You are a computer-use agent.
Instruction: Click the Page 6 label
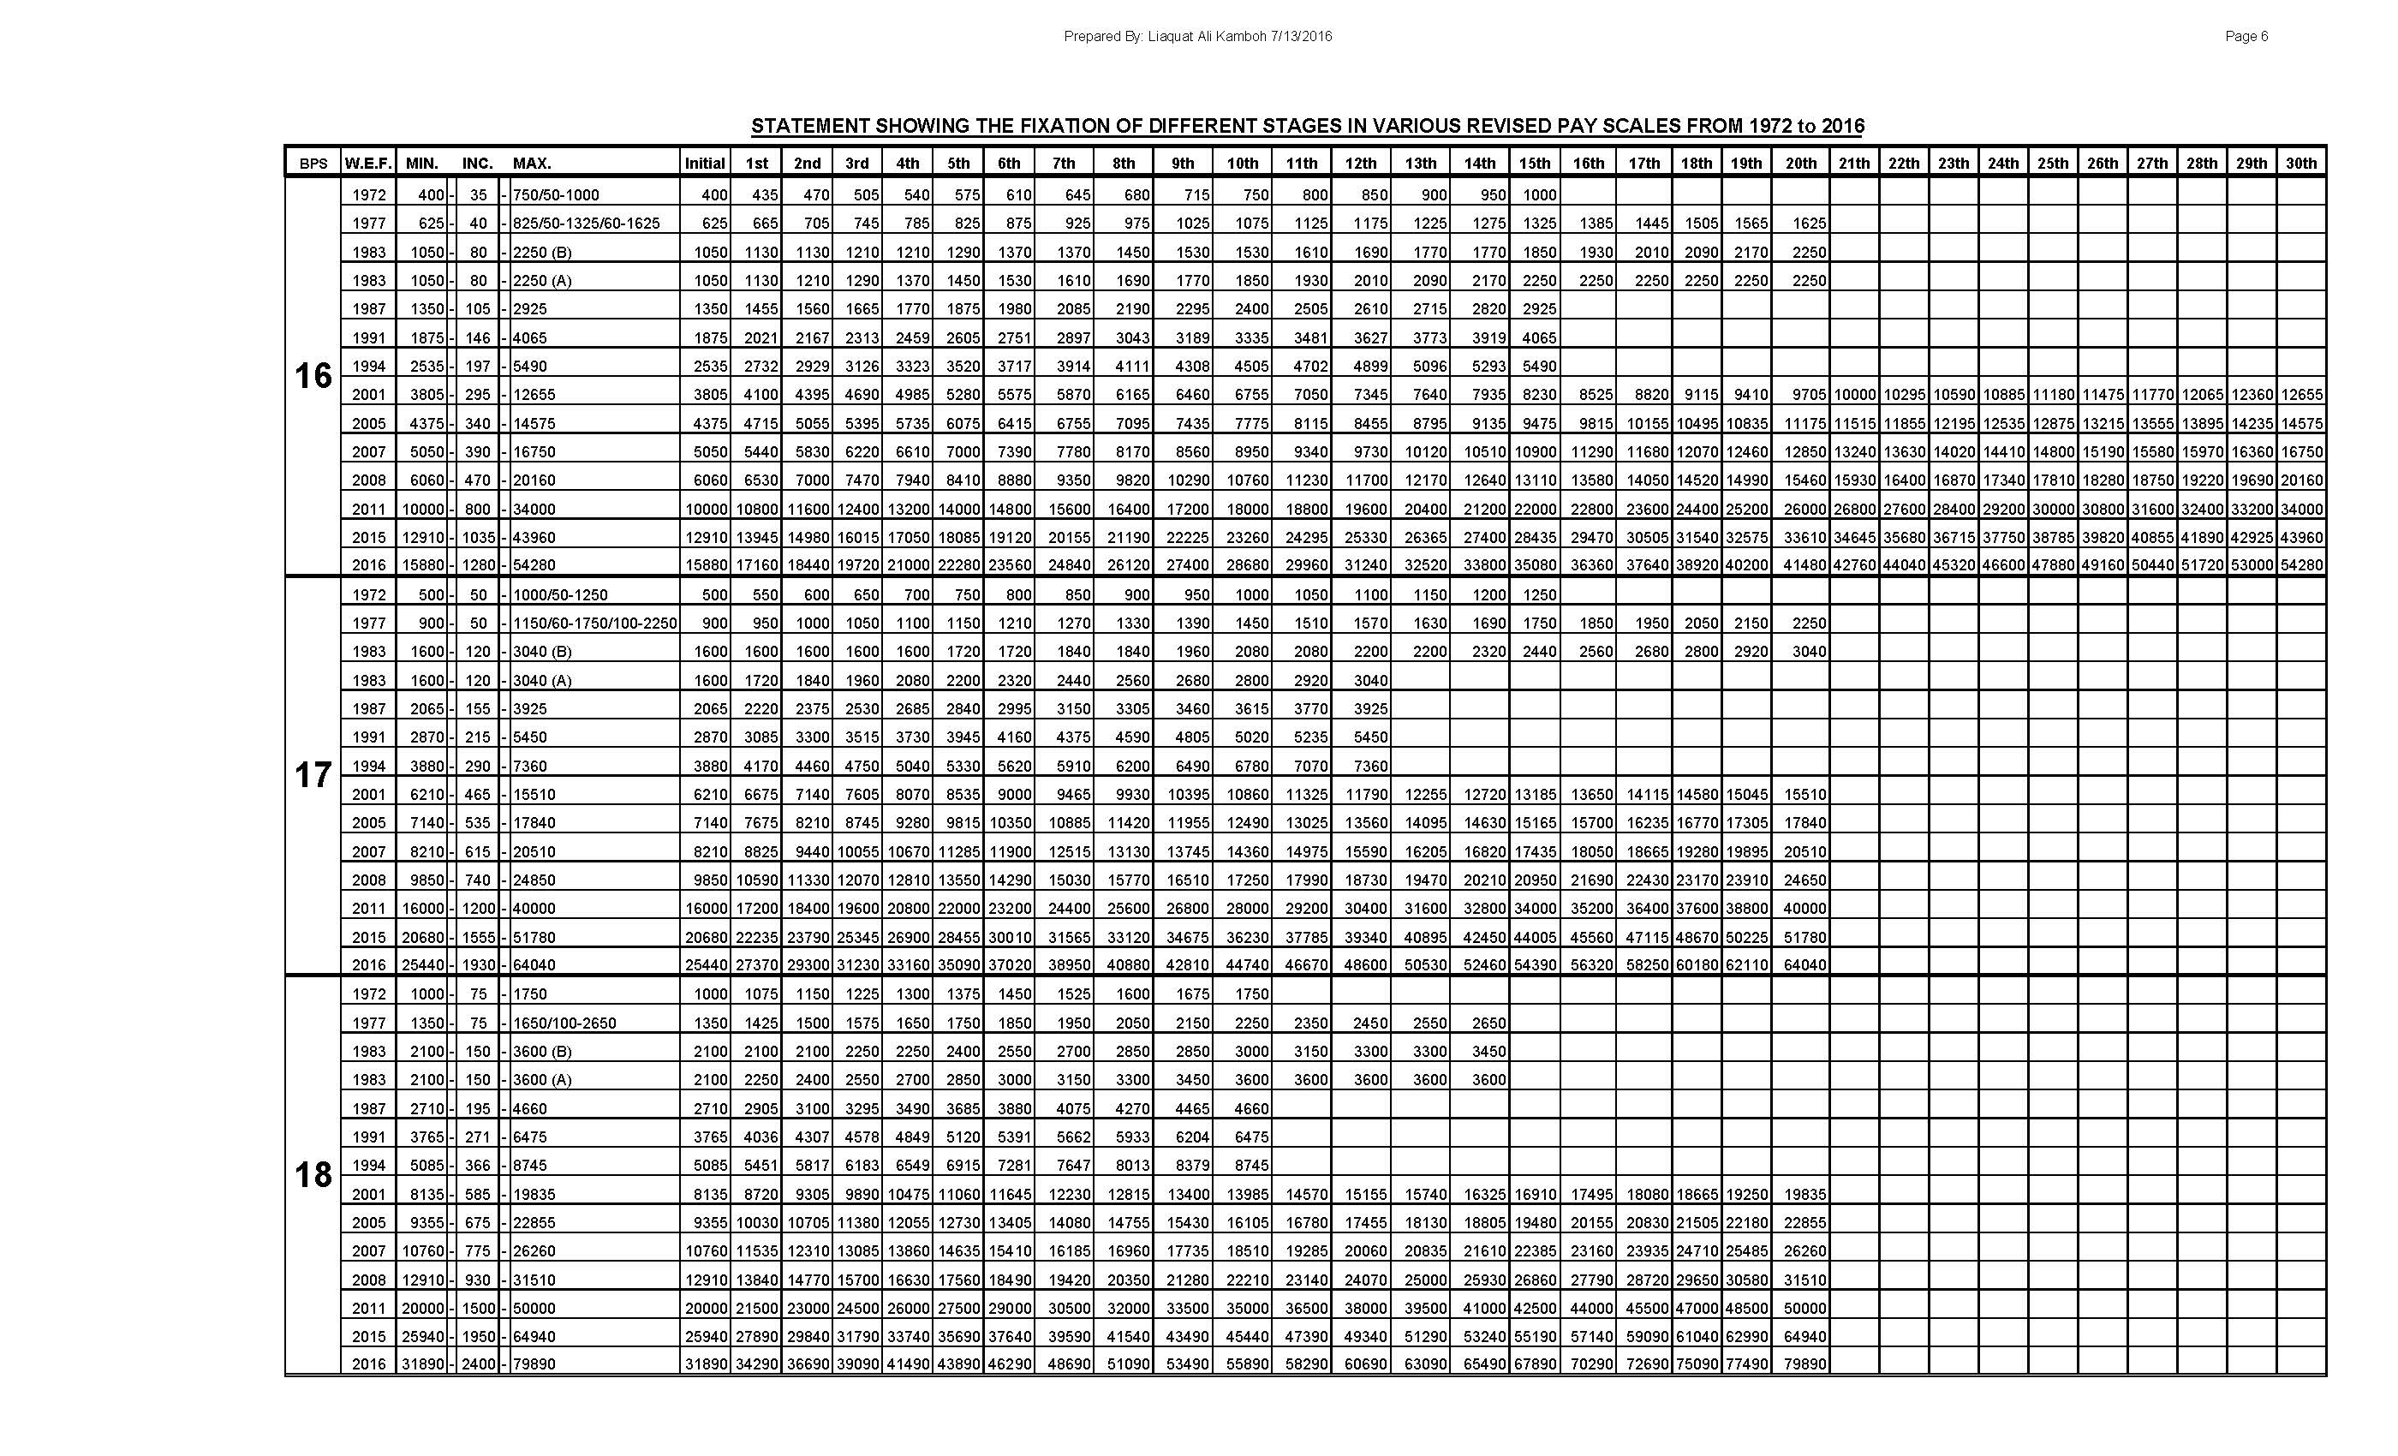(2246, 37)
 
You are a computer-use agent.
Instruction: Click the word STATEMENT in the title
(809, 127)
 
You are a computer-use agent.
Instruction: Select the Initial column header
(705, 164)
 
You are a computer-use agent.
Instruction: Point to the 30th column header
(2300, 164)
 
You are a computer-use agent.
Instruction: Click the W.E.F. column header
(368, 164)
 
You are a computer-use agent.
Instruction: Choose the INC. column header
(477, 164)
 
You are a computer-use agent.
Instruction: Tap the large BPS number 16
(313, 376)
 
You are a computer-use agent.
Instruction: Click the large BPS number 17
(313, 776)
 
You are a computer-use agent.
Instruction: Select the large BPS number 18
(313, 1175)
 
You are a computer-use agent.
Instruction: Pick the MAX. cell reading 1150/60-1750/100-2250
(594, 624)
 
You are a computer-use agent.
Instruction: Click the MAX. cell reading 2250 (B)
(542, 253)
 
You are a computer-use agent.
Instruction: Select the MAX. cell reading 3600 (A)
(542, 1080)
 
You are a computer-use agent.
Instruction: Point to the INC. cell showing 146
(477, 338)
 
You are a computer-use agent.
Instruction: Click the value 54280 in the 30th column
(2300, 565)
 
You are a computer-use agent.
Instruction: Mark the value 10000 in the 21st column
(1854, 395)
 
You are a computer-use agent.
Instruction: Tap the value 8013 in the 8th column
(1128, 1166)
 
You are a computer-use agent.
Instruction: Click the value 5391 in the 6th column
(1012, 1137)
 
